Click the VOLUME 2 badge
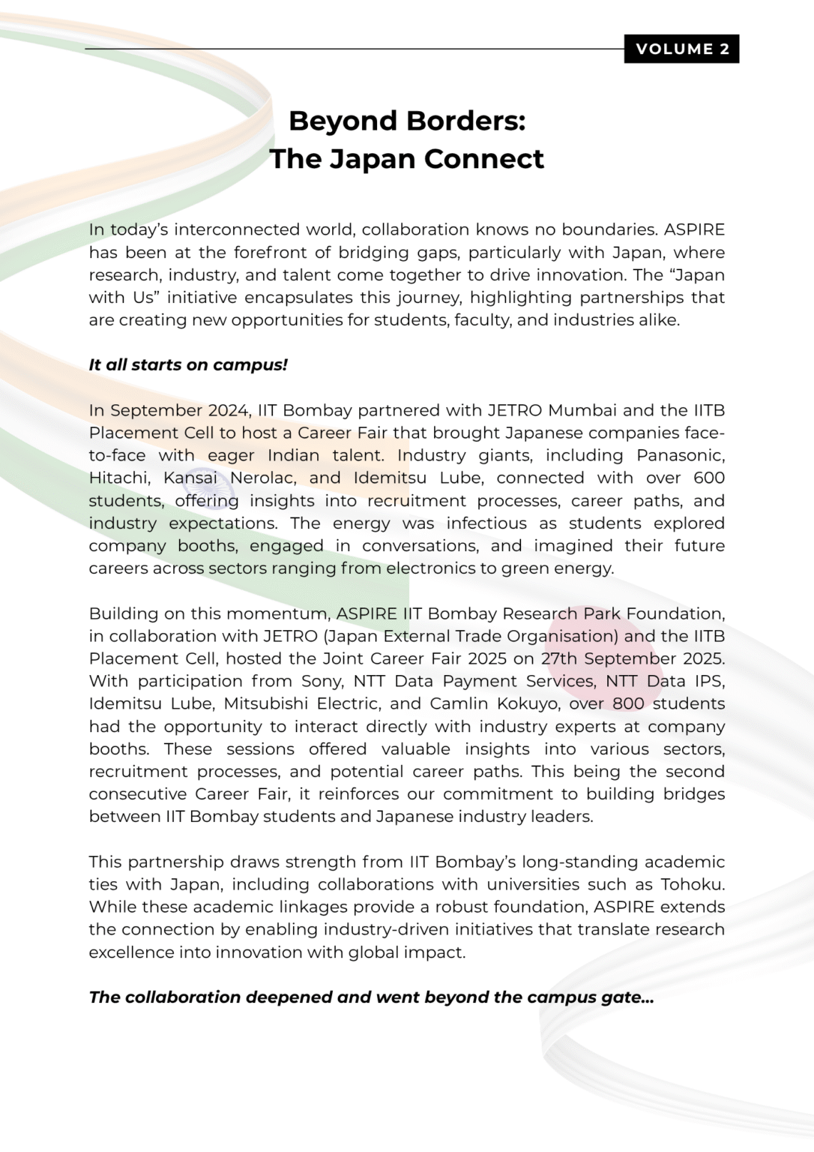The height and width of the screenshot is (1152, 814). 681,49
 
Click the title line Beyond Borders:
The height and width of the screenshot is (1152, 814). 407,121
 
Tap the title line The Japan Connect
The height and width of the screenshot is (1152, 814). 407,159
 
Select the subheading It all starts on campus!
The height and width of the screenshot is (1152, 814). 188,365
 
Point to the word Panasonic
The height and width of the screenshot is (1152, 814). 680,455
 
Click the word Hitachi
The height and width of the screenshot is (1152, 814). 119,478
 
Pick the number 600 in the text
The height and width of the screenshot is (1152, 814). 709,478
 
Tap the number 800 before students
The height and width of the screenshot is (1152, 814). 628,703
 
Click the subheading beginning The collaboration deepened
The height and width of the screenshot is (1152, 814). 371,997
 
